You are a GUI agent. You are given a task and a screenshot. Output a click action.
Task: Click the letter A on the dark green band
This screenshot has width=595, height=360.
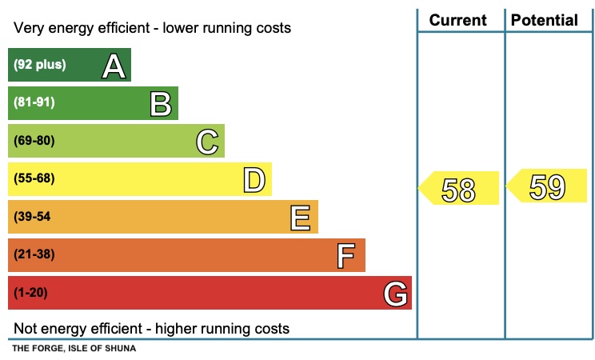click(114, 66)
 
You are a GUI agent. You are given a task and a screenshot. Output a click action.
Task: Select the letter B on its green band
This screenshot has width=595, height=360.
click(161, 103)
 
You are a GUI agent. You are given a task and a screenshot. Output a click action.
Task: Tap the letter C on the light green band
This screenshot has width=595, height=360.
click(207, 142)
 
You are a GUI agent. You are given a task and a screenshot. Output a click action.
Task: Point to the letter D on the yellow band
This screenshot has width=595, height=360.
click(254, 179)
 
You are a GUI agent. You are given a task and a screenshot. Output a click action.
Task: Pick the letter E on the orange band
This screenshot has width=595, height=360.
click(301, 218)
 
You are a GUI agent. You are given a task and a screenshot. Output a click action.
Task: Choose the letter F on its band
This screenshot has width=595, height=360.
click(345, 256)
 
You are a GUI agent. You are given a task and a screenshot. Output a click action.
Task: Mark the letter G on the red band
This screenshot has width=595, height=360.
click(395, 294)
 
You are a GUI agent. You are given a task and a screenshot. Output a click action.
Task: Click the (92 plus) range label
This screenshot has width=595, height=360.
click(40, 65)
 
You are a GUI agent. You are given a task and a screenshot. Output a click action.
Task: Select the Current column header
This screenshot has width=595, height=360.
click(458, 20)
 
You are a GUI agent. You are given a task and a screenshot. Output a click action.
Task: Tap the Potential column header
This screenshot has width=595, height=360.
click(545, 20)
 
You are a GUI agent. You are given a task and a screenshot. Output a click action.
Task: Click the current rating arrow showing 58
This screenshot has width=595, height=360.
click(459, 189)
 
